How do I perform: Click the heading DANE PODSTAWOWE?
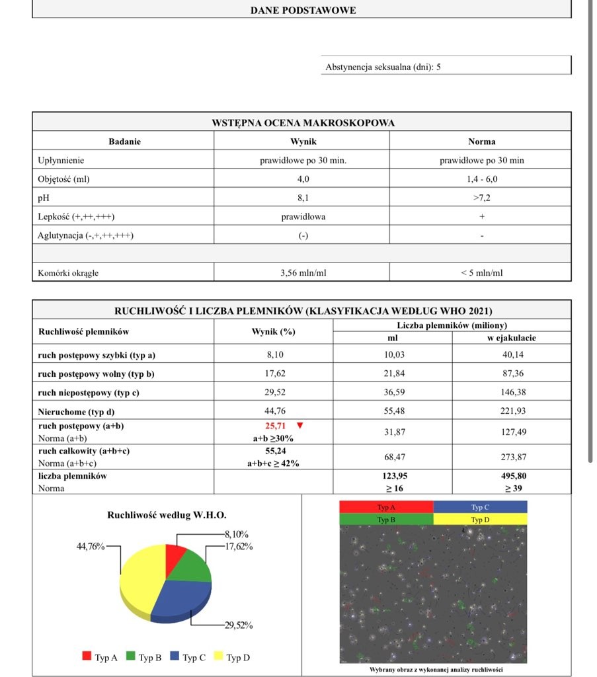(303, 10)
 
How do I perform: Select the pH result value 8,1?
(303, 197)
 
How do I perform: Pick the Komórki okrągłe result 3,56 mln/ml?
(303, 272)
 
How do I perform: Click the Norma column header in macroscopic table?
(481, 141)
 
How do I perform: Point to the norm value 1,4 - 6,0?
(481, 179)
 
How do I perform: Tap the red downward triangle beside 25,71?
(301, 426)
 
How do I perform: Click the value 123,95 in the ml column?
(393, 475)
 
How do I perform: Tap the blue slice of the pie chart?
(182, 598)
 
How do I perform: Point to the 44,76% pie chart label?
(91, 546)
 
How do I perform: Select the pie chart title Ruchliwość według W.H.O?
(167, 514)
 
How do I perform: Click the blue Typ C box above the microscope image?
(481, 507)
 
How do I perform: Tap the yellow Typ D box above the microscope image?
(481, 520)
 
